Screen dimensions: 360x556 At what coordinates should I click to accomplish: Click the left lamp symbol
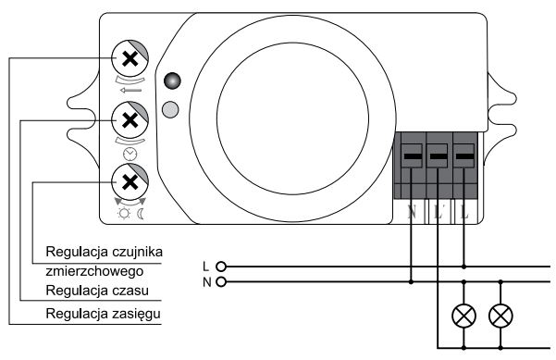coord(463,316)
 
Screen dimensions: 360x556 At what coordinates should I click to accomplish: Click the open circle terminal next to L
coord(220,267)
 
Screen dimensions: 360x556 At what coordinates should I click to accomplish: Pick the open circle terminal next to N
coord(220,280)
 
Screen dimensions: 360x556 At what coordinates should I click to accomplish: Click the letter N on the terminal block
coord(412,212)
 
